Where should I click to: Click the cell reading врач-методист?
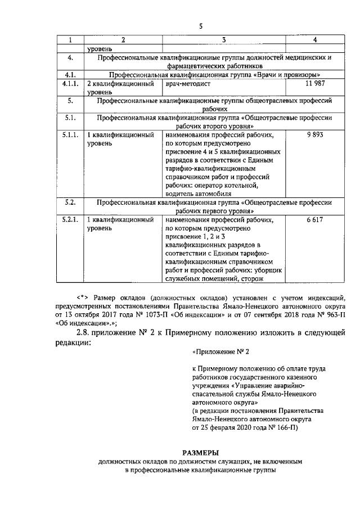tap(189, 84)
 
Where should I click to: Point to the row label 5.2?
tap(71, 201)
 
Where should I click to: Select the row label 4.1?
tap(71, 74)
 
